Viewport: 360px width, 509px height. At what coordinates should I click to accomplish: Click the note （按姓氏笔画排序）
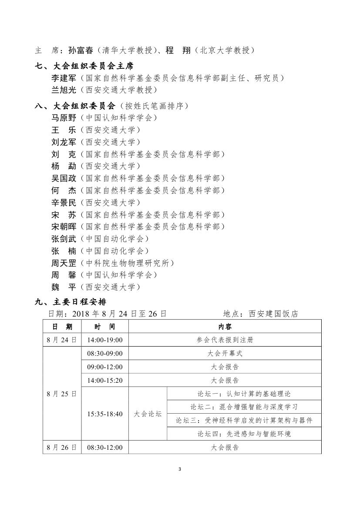154,106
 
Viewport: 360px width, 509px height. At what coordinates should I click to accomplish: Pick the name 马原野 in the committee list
64,118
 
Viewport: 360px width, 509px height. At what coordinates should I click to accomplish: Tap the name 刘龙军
64,142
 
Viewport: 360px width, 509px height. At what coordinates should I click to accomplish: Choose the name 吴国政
64,178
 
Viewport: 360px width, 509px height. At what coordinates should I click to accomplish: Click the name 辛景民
64,202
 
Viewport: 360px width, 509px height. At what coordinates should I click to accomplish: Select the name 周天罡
64,263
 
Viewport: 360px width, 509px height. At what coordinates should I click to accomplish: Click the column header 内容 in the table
225,327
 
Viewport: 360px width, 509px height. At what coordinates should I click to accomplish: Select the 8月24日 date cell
62,340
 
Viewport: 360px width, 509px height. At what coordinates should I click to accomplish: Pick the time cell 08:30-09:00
105,354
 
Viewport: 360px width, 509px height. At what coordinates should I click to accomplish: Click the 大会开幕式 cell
225,354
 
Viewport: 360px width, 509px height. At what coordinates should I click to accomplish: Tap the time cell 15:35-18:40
105,414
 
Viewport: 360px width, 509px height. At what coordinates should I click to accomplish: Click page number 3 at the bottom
180,469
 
